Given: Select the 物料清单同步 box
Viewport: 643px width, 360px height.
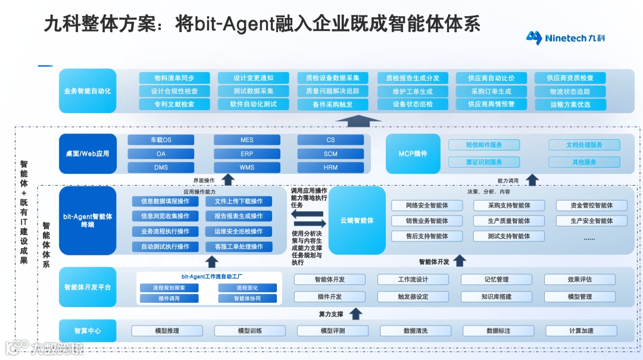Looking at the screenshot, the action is click(174, 78).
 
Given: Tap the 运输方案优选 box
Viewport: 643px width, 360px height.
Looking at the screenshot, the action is click(570, 104).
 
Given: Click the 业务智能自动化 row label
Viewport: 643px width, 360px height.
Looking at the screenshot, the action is click(88, 91).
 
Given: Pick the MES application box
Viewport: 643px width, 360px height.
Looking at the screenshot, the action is click(247, 140).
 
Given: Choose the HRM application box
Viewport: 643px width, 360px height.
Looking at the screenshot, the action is click(330, 167).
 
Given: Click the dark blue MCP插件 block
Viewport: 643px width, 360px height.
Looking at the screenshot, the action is click(413, 154).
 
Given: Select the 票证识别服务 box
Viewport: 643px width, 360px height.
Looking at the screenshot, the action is click(484, 162).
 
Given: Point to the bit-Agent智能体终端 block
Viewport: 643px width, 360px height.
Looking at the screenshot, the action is click(88, 220).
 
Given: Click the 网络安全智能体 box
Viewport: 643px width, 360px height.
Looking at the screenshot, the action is click(427, 205).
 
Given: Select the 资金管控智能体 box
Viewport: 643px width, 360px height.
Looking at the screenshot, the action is click(591, 205).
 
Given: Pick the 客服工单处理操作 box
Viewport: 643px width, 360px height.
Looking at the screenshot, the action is click(238, 246).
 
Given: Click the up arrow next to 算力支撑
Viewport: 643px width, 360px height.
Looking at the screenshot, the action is click(355, 314).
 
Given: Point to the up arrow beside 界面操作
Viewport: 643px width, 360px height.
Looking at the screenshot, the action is click(228, 180).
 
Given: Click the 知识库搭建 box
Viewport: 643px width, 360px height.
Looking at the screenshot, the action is click(496, 296).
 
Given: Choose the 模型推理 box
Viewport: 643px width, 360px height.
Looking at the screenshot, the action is click(167, 331).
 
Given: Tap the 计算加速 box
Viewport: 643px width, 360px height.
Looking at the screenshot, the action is click(581, 331).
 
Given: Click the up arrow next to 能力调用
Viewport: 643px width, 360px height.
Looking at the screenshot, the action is click(532, 180).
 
